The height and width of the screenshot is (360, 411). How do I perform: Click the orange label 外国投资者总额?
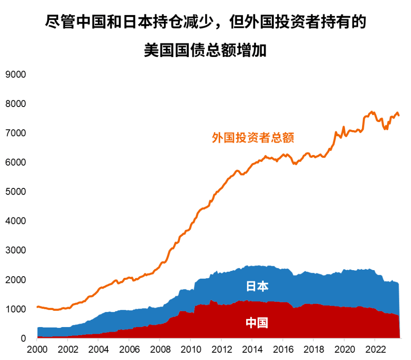(253, 138)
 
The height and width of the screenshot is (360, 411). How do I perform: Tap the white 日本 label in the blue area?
(257, 286)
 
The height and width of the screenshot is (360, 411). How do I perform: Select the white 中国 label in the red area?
(257, 323)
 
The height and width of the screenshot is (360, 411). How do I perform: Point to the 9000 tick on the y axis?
(15, 74)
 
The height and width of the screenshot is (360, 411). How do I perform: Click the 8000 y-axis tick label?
(15, 104)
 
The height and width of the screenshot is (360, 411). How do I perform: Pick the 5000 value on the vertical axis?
(15, 192)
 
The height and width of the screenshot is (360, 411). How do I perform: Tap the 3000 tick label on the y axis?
(15, 250)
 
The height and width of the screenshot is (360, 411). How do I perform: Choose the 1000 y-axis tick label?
(15, 309)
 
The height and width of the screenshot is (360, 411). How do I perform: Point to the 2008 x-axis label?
(160, 348)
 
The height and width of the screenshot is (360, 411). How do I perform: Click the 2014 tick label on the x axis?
(252, 348)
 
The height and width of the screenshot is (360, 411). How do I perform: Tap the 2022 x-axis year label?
(375, 348)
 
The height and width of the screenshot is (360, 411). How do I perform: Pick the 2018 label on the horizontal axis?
(314, 348)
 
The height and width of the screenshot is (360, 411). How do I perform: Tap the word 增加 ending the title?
(256, 50)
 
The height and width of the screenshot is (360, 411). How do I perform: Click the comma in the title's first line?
(220, 26)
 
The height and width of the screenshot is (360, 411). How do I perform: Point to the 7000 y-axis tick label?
(15, 133)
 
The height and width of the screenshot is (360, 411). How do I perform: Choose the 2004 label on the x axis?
(98, 348)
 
